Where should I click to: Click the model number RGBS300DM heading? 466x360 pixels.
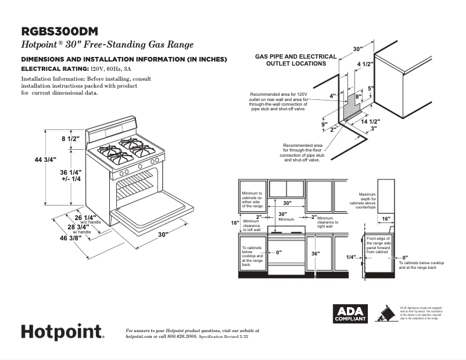59,31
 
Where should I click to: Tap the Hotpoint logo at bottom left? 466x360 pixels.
63,332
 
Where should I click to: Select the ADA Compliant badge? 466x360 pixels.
349,314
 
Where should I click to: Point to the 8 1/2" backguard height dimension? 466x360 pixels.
71,139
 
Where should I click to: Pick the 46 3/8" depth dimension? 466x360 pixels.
65,238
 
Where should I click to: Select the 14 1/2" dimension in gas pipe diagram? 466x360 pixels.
370,122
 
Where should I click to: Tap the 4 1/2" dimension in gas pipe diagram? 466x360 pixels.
365,63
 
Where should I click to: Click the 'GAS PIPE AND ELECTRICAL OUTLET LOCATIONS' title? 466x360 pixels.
296,60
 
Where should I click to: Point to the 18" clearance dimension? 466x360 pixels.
234,222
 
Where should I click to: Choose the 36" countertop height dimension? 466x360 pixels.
316,254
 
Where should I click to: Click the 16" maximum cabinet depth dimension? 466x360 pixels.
386,219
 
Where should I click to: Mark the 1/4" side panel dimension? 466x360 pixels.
350,257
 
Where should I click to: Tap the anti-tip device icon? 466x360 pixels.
384,314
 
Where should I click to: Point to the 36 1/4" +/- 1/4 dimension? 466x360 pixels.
71,175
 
